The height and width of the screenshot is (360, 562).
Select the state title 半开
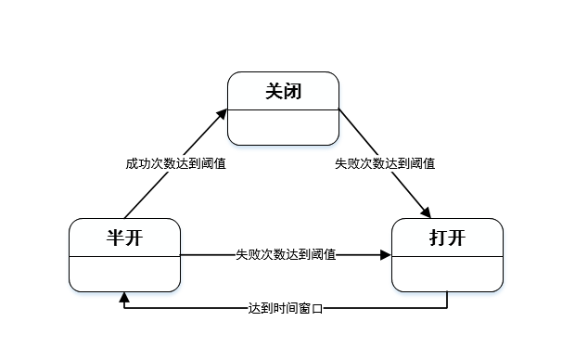click(124, 238)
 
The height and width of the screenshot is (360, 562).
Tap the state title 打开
click(447, 238)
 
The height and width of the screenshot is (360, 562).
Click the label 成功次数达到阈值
click(176, 163)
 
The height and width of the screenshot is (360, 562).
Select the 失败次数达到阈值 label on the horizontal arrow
click(286, 254)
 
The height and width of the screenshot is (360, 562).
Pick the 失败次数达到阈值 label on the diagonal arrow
click(386, 163)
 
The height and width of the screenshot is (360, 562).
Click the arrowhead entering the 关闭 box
click(224, 113)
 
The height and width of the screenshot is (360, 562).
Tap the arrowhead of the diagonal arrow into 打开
click(428, 212)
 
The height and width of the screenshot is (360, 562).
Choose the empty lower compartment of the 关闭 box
click(284, 127)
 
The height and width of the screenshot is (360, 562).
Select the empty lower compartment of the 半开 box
click(124, 273)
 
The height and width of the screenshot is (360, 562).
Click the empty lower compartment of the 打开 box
click(447, 273)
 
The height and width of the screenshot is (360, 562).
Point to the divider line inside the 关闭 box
click(284, 109)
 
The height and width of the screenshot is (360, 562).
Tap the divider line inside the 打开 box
click(447, 256)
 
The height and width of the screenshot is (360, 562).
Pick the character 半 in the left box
click(115, 238)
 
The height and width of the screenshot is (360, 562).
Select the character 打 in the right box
click(438, 238)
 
